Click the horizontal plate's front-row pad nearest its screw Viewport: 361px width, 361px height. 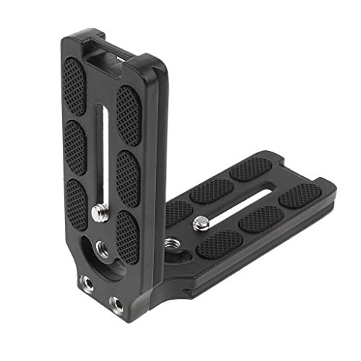point(219,241)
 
